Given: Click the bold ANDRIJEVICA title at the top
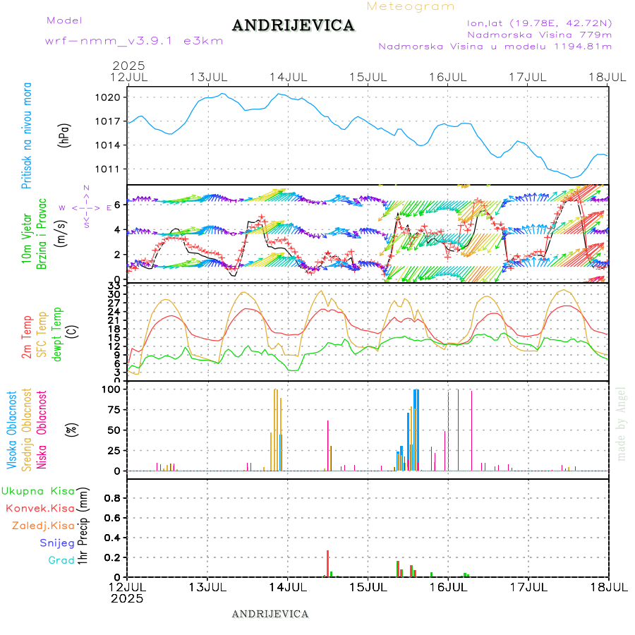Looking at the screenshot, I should (x=293, y=26).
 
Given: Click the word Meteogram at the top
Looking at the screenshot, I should (x=411, y=6).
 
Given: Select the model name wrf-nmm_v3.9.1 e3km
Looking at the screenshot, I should (x=134, y=41).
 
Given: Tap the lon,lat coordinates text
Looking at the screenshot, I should (x=534, y=23).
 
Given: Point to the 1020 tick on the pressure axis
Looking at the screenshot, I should (x=114, y=97).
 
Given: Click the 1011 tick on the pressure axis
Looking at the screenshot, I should (x=114, y=169).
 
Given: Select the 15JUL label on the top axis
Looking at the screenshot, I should (x=368, y=76).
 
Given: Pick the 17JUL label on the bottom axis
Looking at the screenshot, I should (x=528, y=586).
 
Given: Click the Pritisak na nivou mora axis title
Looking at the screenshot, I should (x=27, y=135).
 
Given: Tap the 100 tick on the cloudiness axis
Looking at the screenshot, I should (x=112, y=389).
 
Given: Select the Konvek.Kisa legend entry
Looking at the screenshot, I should (x=40, y=508).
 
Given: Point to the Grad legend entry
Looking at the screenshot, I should (x=61, y=560).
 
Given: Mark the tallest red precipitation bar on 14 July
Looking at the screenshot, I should (x=327, y=563).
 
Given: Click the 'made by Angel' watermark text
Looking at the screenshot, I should (x=622, y=423).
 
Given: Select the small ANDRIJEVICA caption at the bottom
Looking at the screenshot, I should (x=270, y=614).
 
